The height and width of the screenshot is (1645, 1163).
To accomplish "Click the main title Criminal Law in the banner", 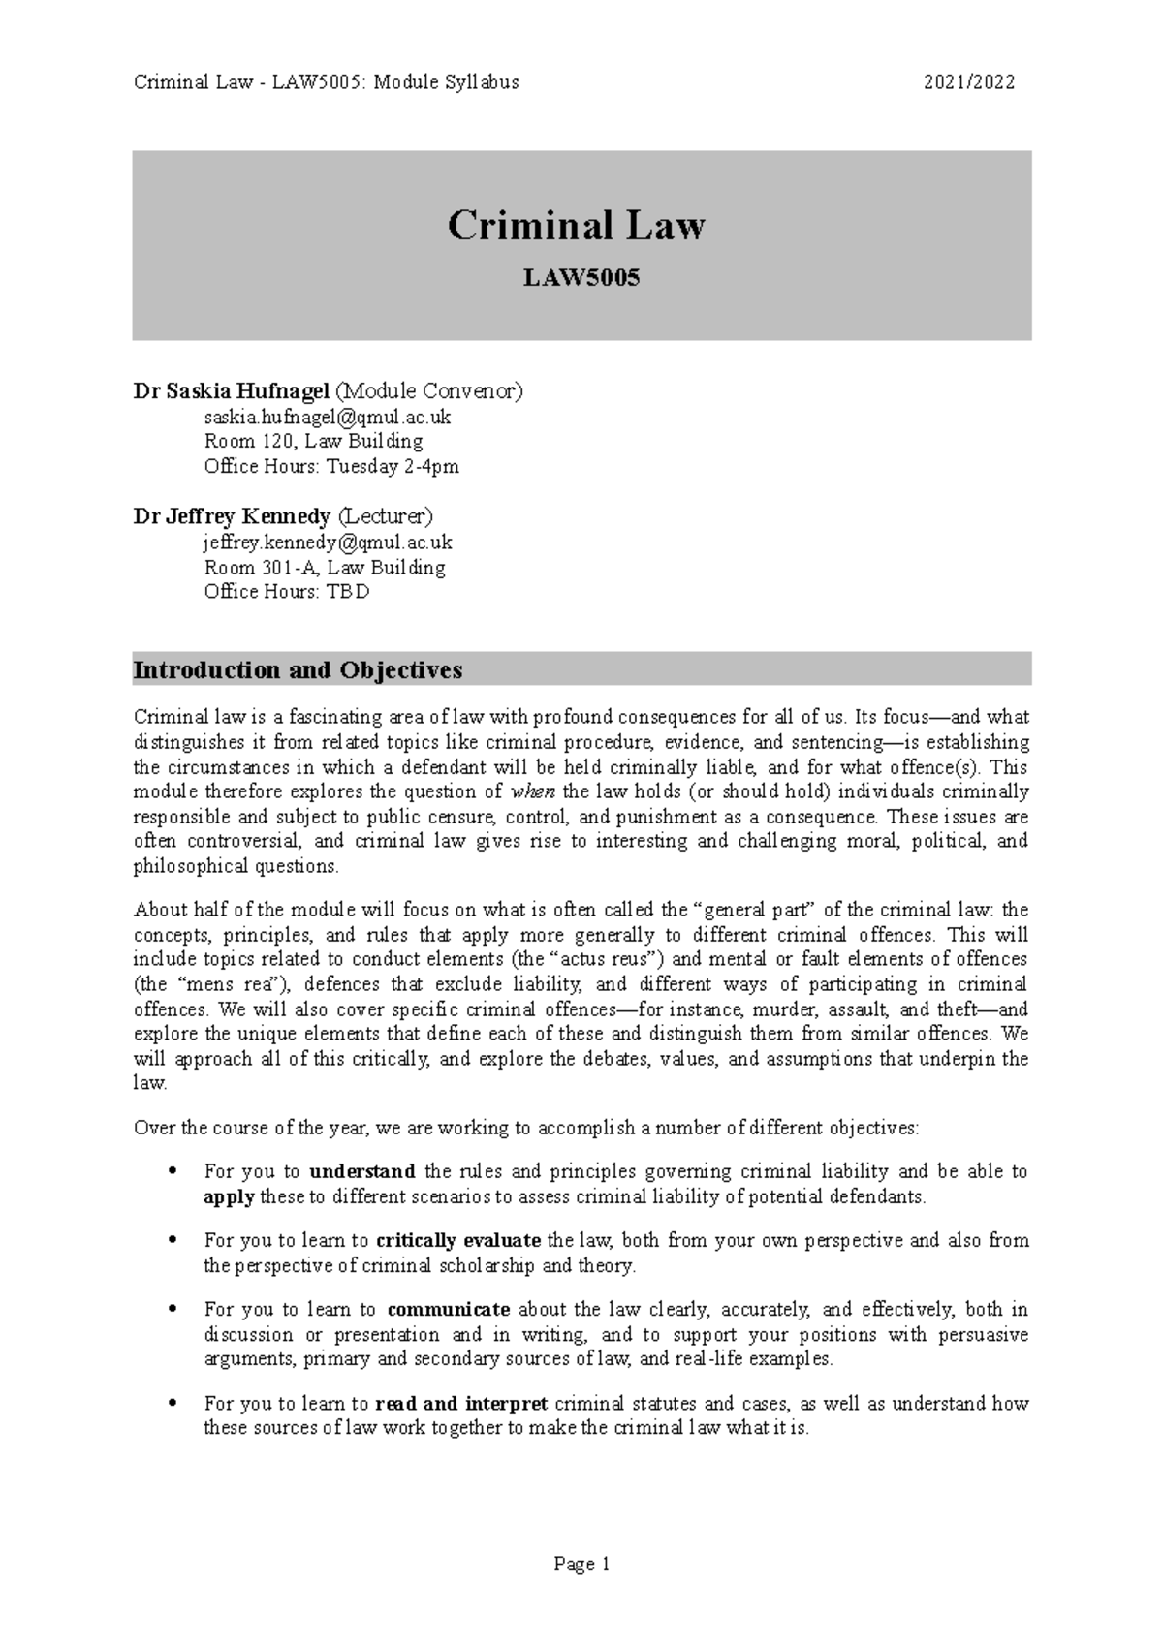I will tap(577, 227).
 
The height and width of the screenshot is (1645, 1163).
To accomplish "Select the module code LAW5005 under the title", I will tap(581, 279).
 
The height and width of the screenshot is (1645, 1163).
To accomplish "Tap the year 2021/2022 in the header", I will tap(970, 82).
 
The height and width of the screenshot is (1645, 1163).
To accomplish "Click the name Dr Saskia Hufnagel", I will tap(232, 391).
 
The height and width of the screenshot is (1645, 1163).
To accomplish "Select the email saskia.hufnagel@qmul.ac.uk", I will tap(327, 418).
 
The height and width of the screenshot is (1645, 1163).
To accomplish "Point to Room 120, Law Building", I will tap(313, 442).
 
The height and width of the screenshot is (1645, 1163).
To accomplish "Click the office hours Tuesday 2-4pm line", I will tap(331, 467).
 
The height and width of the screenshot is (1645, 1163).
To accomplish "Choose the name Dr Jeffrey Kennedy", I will tap(232, 516).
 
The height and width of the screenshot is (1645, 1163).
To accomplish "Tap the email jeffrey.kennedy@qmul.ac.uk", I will tap(328, 543).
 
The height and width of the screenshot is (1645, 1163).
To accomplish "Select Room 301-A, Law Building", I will tap(324, 568).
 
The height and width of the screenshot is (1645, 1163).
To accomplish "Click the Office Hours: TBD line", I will tap(287, 592).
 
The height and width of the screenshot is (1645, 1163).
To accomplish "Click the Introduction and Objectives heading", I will tap(298, 670).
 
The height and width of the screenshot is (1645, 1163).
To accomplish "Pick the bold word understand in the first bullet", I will tap(361, 1172).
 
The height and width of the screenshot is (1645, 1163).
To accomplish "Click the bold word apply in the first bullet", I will tap(229, 1197).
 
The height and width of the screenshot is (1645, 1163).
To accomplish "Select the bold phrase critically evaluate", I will tap(457, 1241).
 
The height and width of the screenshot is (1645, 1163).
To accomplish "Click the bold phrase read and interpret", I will tap(461, 1404).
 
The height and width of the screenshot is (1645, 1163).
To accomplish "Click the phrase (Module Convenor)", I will tap(428, 391).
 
